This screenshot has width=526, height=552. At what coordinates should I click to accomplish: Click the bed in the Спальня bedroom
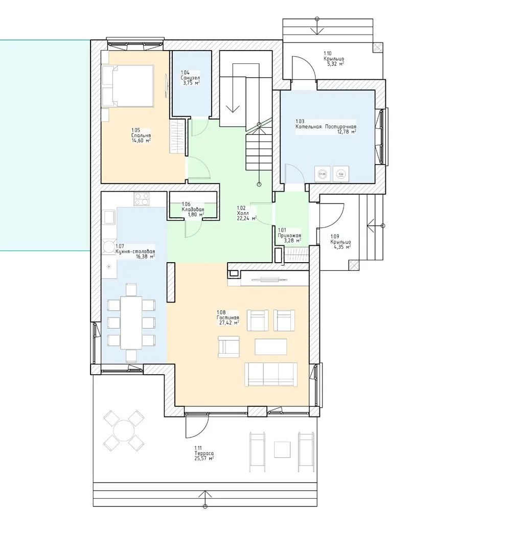[x=128, y=85]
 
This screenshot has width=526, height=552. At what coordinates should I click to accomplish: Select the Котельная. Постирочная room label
[x=326, y=126]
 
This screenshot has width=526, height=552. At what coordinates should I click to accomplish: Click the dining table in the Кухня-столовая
[x=131, y=323]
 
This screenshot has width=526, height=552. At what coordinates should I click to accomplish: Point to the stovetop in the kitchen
[x=141, y=199]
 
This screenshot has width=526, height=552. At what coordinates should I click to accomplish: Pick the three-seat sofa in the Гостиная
[x=271, y=375]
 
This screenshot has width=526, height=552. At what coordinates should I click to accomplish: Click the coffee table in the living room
[x=271, y=347]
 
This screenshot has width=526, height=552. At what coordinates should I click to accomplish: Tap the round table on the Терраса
[x=124, y=430]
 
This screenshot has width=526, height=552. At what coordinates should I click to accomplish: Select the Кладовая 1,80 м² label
[x=193, y=209]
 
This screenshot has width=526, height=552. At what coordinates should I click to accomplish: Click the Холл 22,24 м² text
[x=246, y=213]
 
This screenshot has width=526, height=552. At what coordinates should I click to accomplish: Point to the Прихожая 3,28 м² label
[x=289, y=236]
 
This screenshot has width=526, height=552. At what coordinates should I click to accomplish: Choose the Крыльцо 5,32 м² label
[x=333, y=59]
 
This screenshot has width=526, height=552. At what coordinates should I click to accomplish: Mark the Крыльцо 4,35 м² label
[x=340, y=242]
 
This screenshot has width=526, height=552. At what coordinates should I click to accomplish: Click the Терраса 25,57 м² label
[x=204, y=453]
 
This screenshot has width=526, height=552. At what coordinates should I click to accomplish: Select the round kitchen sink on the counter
[x=108, y=247]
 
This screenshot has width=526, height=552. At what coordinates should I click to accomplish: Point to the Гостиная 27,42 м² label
[x=228, y=317]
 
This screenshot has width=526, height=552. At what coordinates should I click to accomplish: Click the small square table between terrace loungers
[x=282, y=450]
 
